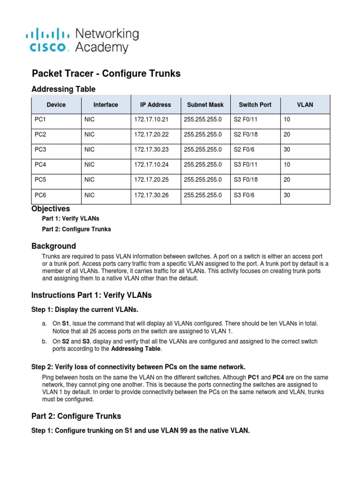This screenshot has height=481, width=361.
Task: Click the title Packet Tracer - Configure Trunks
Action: pos(106,74)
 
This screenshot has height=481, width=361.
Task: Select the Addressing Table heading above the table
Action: pos(63,89)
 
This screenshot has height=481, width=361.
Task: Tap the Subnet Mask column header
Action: pos(205,105)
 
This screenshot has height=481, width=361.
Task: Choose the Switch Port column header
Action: pos(255,105)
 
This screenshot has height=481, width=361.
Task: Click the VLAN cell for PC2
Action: pos(287,135)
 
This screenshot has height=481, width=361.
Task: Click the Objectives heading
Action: pos(50,209)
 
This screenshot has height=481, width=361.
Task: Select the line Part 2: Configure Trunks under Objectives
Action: pos(77,229)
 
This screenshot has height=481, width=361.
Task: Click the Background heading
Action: pos(54,246)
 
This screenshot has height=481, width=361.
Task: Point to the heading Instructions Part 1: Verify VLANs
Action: pos(91,295)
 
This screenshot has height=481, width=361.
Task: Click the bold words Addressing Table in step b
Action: pos(136,349)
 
